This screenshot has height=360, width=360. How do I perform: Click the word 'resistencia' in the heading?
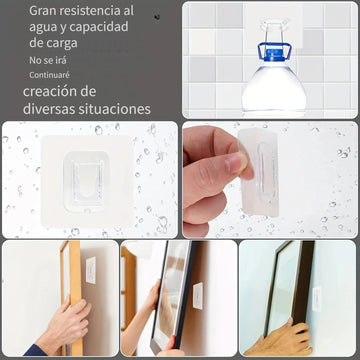[x=89, y=11]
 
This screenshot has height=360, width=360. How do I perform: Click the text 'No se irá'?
[x=48, y=60]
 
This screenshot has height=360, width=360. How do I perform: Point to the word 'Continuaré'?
[x=49, y=75]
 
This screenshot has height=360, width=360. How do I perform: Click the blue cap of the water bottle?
[x=275, y=52]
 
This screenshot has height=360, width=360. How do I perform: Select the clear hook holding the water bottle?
[x=275, y=32]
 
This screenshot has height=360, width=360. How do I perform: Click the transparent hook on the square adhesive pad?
[x=85, y=181]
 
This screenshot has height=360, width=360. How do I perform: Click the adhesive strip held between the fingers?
[x=261, y=173]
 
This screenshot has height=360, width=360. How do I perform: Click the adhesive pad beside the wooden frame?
[x=91, y=270]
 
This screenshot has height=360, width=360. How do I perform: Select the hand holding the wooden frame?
[x=65, y=325]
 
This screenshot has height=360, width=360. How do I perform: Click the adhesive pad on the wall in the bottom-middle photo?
[x=198, y=296]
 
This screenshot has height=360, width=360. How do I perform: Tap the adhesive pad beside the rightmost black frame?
[x=317, y=299]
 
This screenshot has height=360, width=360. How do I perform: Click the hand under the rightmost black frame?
[x=279, y=339]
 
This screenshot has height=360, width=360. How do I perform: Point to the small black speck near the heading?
[x=157, y=17]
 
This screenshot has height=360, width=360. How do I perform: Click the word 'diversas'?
[x=49, y=109]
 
